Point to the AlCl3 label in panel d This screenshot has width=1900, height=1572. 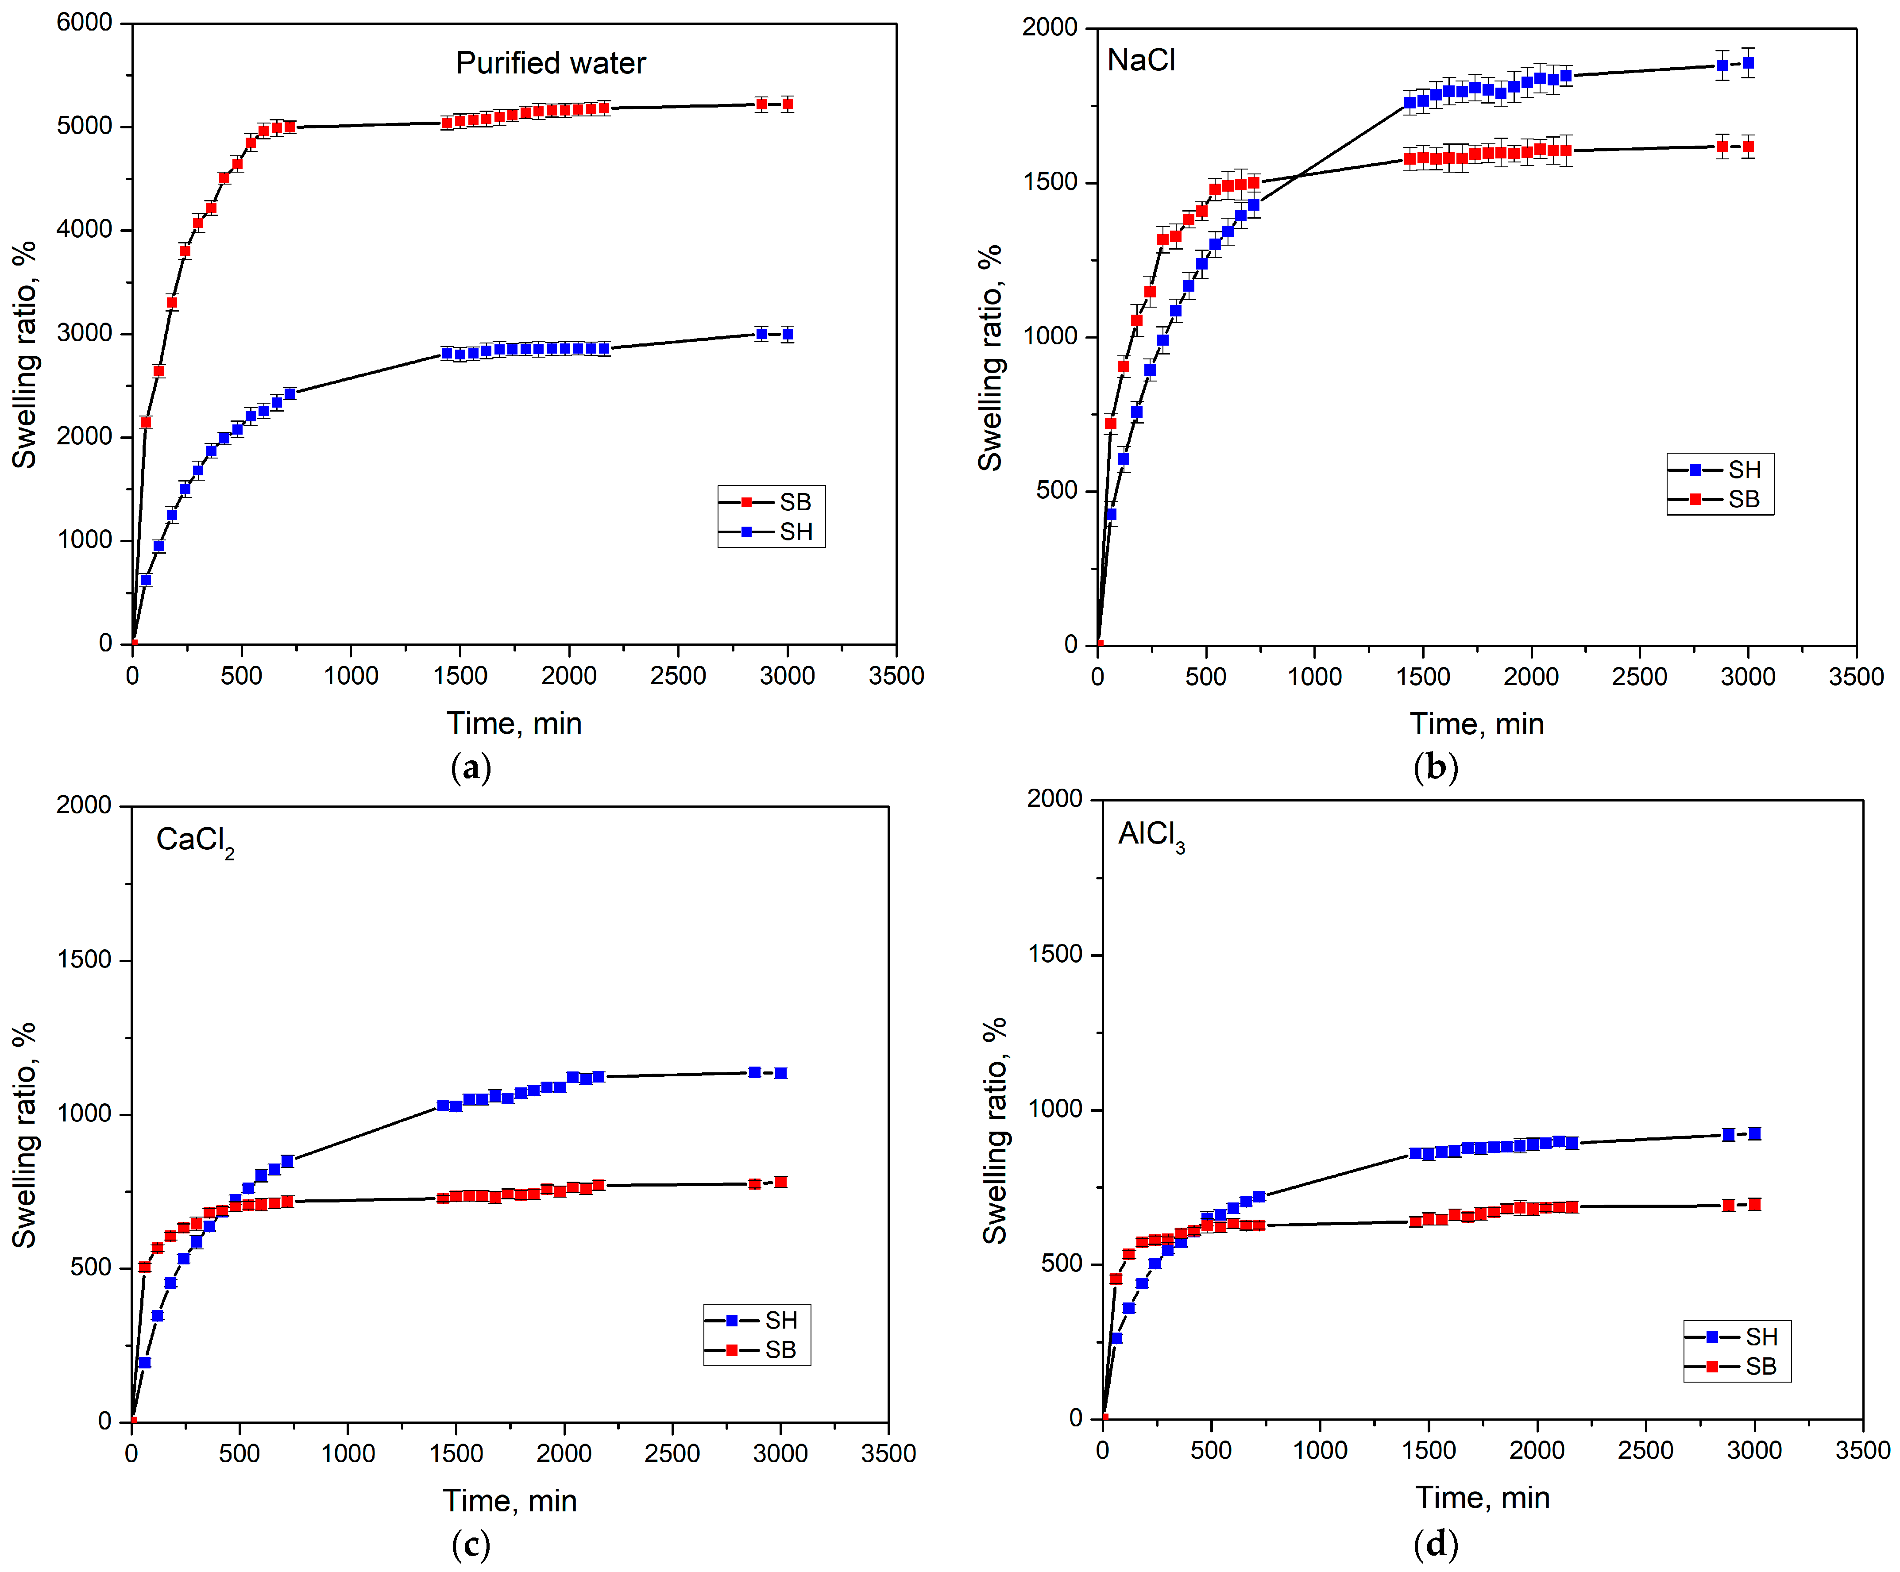click(1151, 835)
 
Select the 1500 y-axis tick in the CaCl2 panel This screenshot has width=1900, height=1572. click(84, 959)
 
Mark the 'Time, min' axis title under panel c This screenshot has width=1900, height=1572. click(510, 1501)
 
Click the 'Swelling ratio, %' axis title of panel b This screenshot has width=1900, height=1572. click(991, 357)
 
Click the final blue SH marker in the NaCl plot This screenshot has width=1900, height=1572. click(1748, 63)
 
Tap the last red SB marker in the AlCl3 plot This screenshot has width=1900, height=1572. click(1754, 1204)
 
